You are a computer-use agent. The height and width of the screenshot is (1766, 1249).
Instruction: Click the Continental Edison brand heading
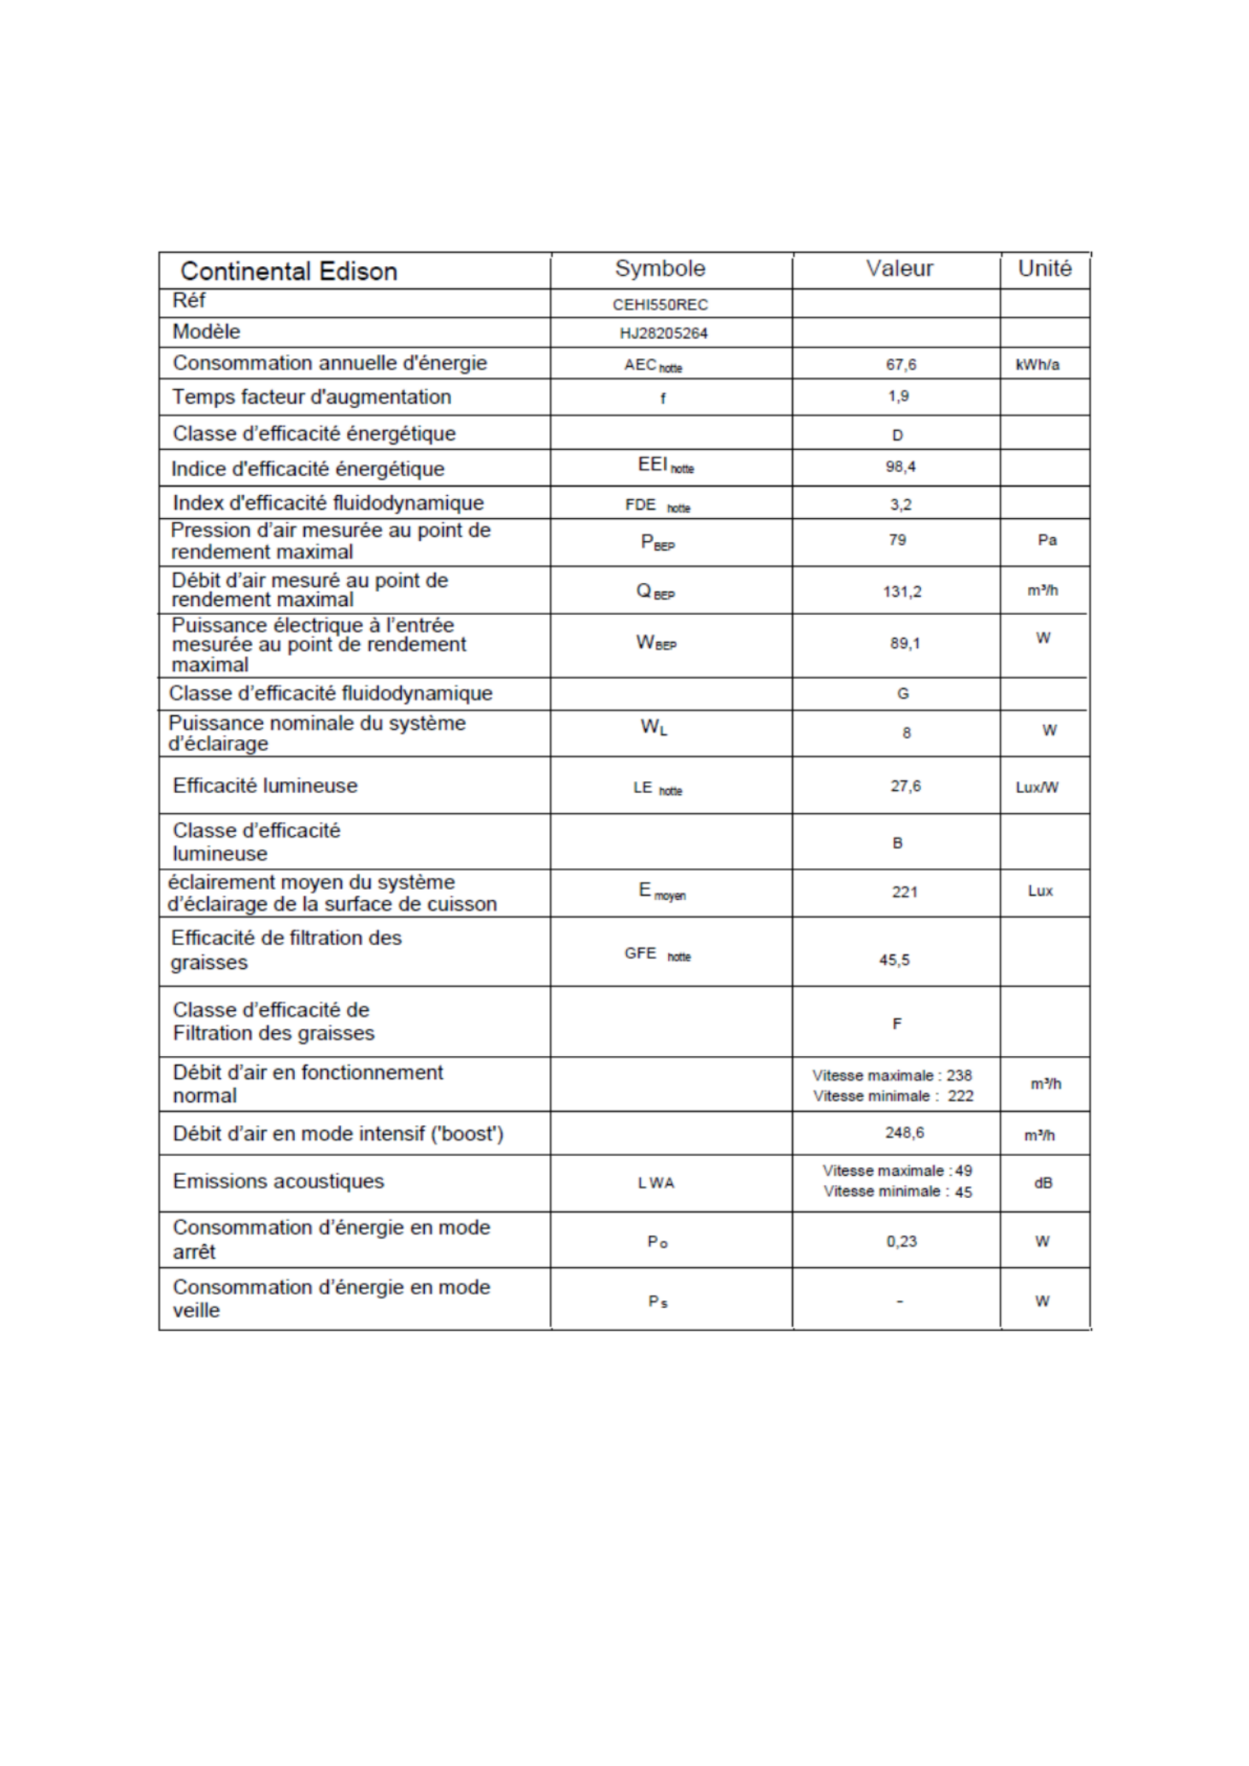click(x=288, y=272)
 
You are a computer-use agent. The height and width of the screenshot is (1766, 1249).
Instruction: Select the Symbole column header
click(x=659, y=269)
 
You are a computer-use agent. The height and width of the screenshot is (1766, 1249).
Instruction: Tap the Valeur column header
click(x=899, y=269)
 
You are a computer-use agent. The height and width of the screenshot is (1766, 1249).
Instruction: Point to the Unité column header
click(x=1044, y=269)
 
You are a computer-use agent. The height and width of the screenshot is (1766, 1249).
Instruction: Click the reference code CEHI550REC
click(x=659, y=305)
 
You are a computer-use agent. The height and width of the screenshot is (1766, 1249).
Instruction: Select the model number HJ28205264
click(x=663, y=334)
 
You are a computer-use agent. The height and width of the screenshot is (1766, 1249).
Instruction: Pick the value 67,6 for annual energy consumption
click(x=900, y=364)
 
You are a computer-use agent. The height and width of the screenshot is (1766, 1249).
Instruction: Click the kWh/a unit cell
click(x=1037, y=365)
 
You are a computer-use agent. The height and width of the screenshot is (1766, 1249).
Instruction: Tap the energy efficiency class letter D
click(x=897, y=435)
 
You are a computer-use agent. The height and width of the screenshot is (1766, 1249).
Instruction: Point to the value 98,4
click(x=900, y=467)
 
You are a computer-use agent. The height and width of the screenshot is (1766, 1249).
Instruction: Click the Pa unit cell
click(x=1046, y=540)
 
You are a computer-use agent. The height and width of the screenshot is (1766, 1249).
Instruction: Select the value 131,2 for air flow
click(x=902, y=592)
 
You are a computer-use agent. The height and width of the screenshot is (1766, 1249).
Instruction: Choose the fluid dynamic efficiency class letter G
click(x=902, y=694)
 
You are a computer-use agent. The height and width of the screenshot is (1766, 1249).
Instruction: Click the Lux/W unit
click(x=1037, y=788)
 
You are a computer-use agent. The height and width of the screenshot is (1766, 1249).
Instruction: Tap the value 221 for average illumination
click(x=904, y=892)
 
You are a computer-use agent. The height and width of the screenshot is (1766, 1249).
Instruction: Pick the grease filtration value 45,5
click(x=894, y=960)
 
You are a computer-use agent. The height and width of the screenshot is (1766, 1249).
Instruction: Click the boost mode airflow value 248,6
click(x=904, y=1133)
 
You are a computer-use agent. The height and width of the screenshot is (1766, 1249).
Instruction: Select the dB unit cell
click(x=1043, y=1183)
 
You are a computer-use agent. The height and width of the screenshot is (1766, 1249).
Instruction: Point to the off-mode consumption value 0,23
click(x=901, y=1242)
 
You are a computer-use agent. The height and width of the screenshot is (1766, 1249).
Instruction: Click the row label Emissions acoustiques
click(x=278, y=1181)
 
